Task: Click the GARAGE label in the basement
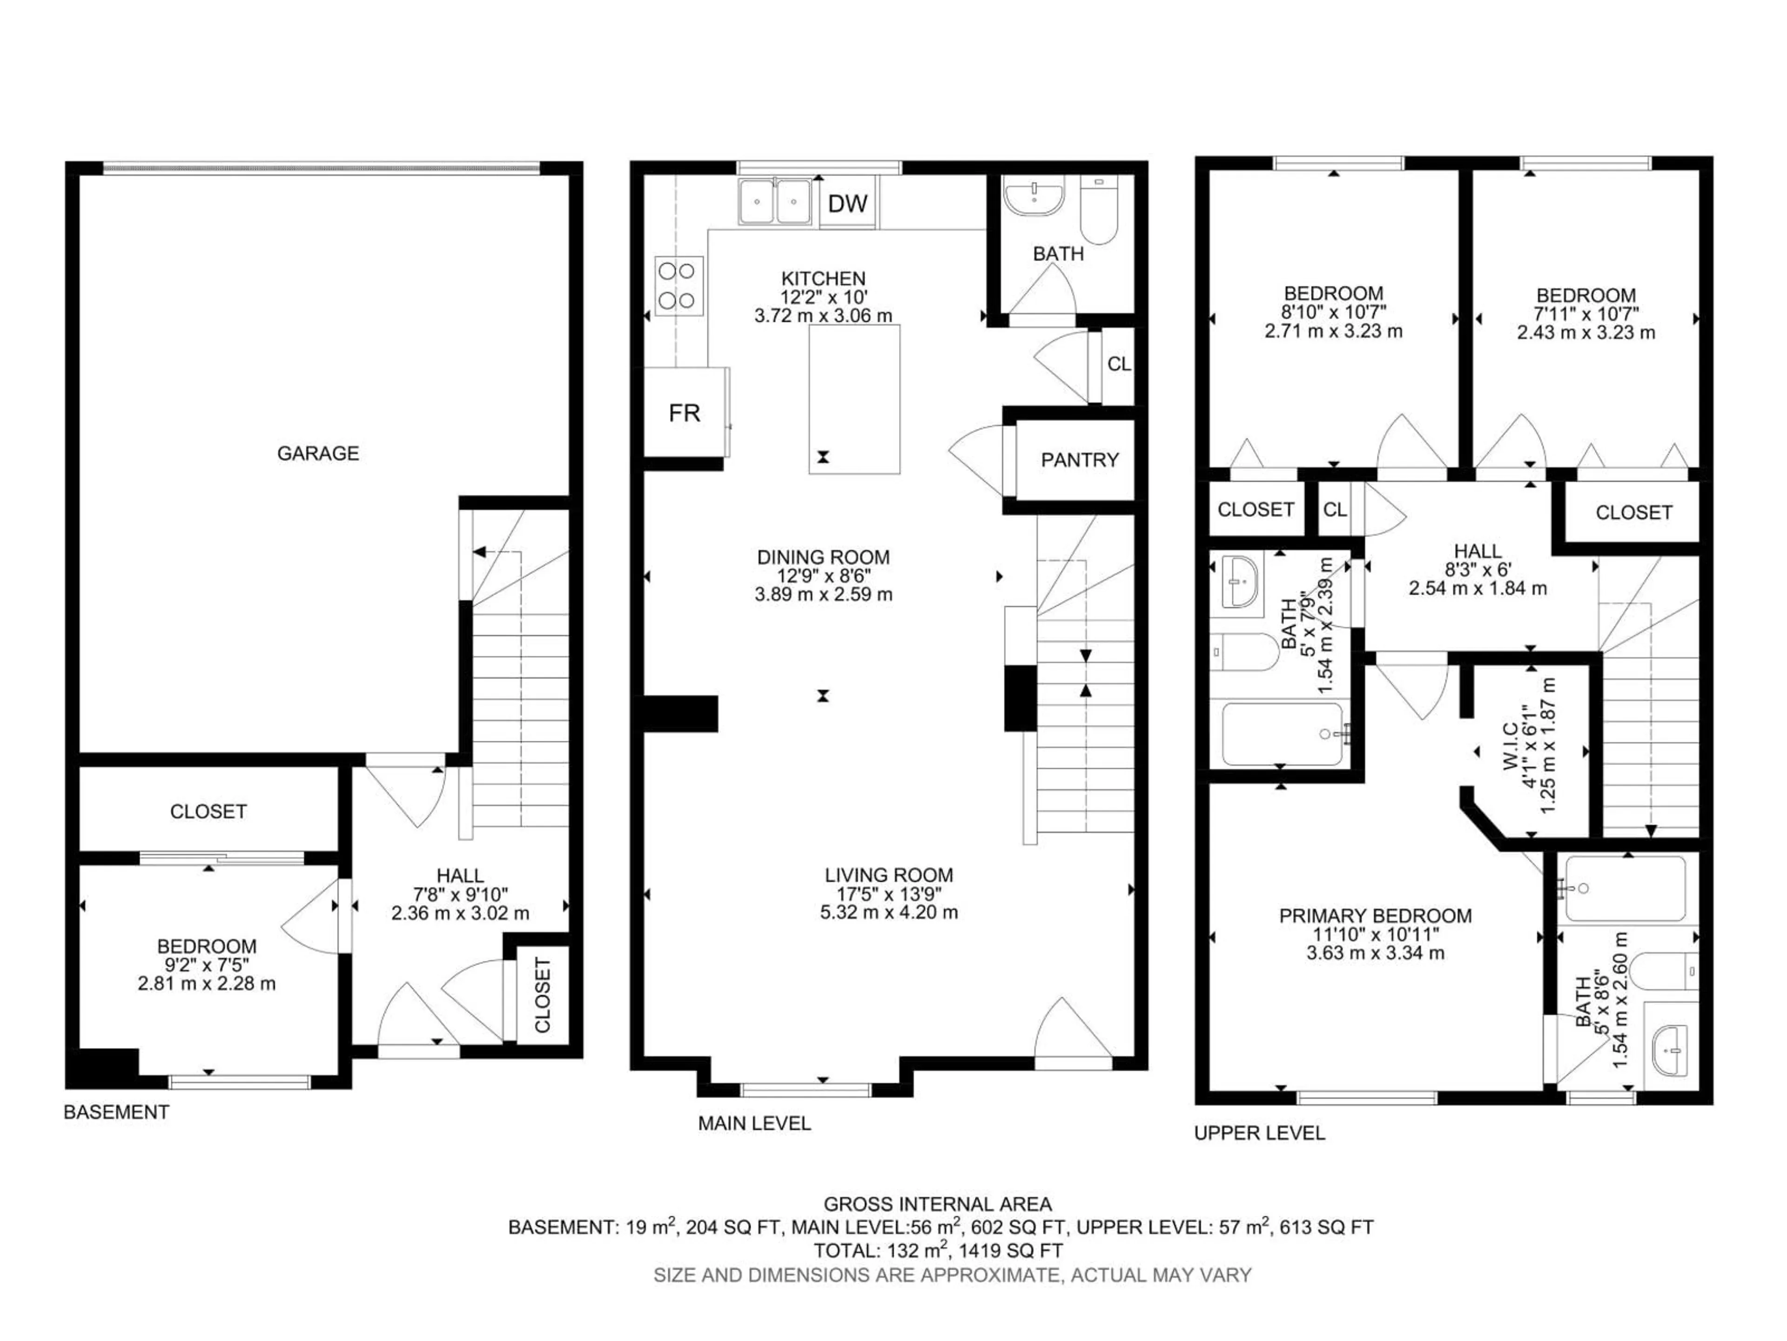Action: (317, 454)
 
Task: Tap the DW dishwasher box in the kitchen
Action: (847, 203)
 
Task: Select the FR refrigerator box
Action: (684, 413)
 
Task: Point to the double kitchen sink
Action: (774, 201)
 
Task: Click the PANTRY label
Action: (1079, 460)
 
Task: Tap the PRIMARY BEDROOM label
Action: (1375, 916)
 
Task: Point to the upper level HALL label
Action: (1478, 550)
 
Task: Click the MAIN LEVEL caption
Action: (754, 1123)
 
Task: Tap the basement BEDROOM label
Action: (206, 946)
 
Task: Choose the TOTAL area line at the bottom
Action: (937, 1251)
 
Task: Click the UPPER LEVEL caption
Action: (1259, 1133)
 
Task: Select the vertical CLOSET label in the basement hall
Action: (542, 995)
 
